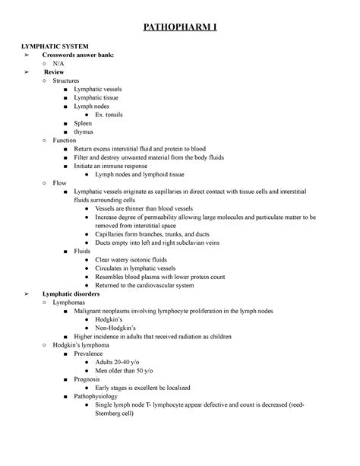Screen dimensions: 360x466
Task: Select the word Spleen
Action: pos(86,123)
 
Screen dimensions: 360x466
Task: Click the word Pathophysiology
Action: pos(103,398)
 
